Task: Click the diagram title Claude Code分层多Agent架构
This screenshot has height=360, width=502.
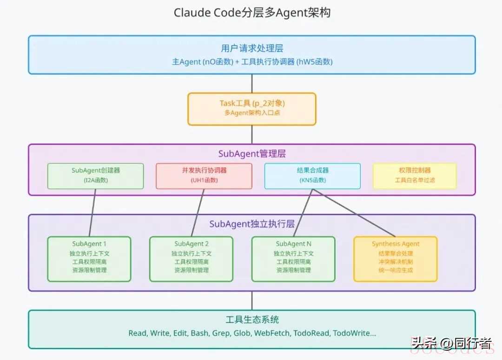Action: click(x=252, y=13)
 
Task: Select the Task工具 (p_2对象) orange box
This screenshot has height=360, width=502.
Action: click(x=252, y=109)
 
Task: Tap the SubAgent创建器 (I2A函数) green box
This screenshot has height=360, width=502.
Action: click(x=96, y=176)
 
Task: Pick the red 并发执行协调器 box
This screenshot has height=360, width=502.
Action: click(x=204, y=176)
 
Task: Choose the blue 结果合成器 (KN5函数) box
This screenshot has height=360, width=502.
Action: click(x=312, y=176)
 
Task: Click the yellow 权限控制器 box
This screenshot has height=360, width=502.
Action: click(x=415, y=176)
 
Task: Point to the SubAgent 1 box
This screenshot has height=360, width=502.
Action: click(x=89, y=259)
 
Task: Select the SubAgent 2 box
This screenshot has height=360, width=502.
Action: click(x=191, y=259)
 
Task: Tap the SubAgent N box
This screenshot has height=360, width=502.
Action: click(x=293, y=259)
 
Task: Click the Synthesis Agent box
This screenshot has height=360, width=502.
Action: click(x=396, y=259)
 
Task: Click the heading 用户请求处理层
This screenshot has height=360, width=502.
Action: click(x=252, y=48)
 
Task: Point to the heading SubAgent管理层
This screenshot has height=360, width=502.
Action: click(x=252, y=154)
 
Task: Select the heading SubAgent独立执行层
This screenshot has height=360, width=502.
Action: click(x=252, y=224)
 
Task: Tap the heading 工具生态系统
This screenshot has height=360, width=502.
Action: click(x=252, y=320)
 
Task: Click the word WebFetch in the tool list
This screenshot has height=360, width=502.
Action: click(x=273, y=333)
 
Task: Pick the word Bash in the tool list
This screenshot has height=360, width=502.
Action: click(x=199, y=333)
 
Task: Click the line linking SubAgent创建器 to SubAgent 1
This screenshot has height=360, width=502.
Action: click(x=92, y=213)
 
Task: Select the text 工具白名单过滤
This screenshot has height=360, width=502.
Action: click(x=415, y=180)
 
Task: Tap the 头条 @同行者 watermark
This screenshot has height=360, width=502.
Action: click(x=451, y=344)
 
